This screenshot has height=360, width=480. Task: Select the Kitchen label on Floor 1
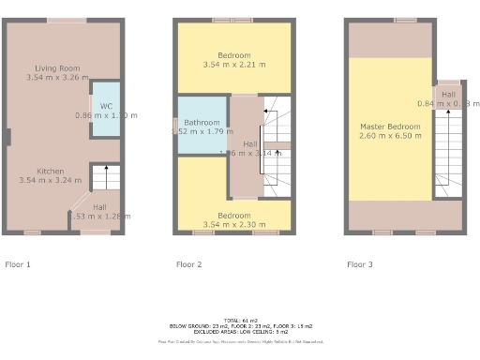tap(50, 171)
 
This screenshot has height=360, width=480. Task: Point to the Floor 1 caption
tap(18, 264)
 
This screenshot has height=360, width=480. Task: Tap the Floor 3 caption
tap(360, 264)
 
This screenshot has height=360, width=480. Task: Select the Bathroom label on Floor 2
tap(202, 123)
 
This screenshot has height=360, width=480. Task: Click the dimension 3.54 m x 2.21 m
tap(234, 65)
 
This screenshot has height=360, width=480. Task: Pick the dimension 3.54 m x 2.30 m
tap(234, 225)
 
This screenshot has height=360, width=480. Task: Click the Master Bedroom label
tap(390, 126)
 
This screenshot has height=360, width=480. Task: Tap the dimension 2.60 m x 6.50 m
tap(390, 135)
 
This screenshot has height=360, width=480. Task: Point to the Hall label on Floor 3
tap(449, 94)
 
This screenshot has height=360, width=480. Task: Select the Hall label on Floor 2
tap(249, 143)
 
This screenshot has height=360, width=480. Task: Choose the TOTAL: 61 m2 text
tap(239, 321)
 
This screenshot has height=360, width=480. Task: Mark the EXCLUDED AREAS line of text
tap(239, 332)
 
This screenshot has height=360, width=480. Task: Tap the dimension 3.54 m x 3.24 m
tap(50, 180)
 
